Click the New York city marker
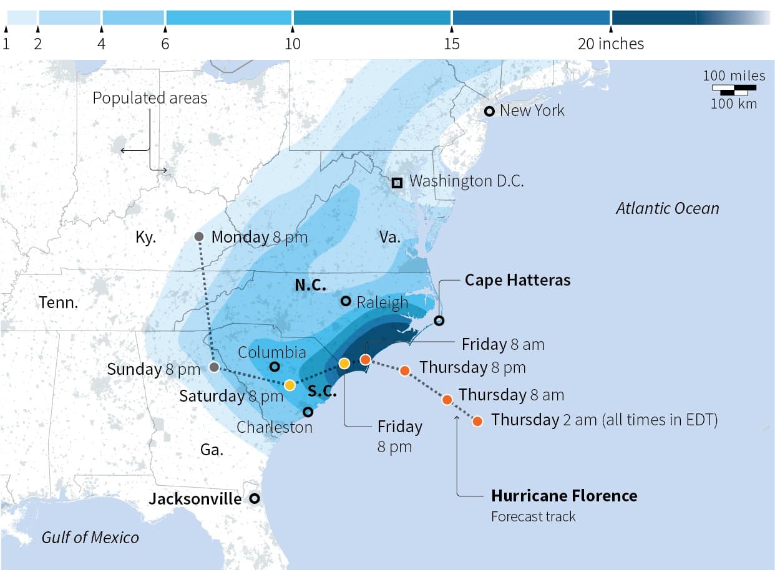pos(490,111)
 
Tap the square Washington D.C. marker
pos(397,183)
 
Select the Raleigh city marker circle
pos(346,301)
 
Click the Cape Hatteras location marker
pos(439,321)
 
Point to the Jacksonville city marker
pos(254,499)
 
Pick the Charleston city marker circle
pos(308,412)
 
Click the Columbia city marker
pos(274,367)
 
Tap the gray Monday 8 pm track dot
pos(199,236)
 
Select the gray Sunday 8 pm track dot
pos(214,367)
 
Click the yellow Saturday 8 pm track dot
pos(290,385)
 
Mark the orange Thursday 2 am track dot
pos(477,421)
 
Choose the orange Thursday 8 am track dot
pos(447,399)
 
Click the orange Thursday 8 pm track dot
pos(404,370)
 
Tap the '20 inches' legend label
pos(611,44)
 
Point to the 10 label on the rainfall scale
pos(293,44)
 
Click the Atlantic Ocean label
pos(667,208)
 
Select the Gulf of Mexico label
pos(90,537)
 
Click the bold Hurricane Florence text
pos(564,496)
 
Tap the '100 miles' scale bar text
pos(734,75)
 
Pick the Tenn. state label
pos(59,303)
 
